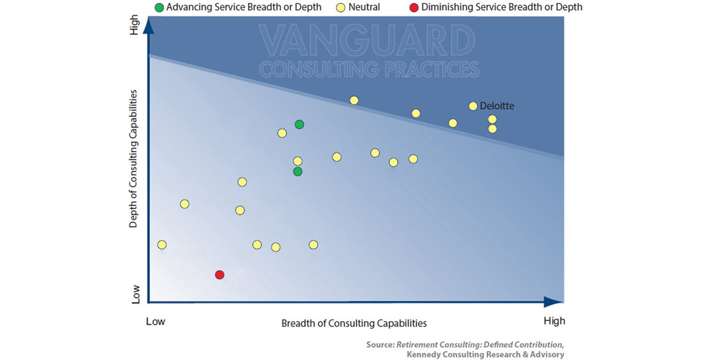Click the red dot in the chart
(x=220, y=275)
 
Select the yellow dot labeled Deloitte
(x=473, y=106)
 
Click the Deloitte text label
(x=497, y=106)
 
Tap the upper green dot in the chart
(x=299, y=124)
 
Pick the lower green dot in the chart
(x=298, y=172)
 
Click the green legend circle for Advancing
(x=159, y=7)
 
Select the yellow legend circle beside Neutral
(x=340, y=7)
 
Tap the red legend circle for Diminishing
(x=414, y=7)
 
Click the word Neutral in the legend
(x=364, y=7)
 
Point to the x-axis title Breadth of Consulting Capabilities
(x=354, y=323)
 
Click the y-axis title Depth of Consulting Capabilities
(x=133, y=159)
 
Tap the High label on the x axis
(x=554, y=321)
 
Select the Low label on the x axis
(x=155, y=321)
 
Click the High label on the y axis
(x=134, y=25)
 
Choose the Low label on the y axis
(x=136, y=294)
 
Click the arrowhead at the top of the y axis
(x=148, y=26)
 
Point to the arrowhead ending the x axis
(x=553, y=302)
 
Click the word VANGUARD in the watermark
(x=367, y=41)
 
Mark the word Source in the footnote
(x=381, y=345)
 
